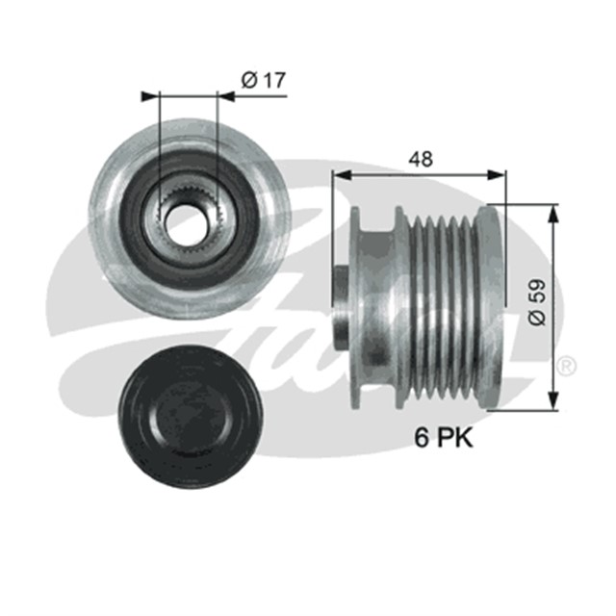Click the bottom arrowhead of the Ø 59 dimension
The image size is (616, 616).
tap(552, 402)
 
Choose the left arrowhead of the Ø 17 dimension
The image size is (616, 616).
tap(147, 95)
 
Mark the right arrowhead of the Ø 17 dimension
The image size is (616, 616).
tap(227, 95)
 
